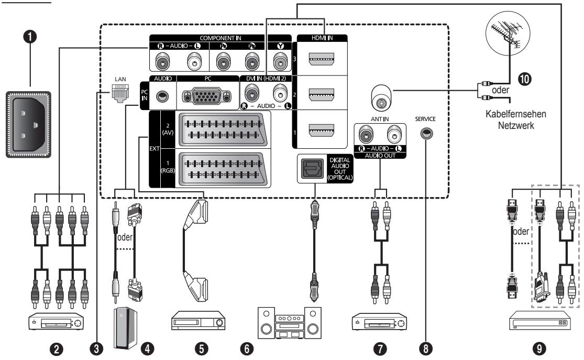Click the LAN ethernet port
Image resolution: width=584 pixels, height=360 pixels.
(120, 93)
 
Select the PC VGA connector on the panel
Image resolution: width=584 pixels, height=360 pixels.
(207, 96)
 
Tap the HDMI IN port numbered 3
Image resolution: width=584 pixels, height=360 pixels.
(322, 59)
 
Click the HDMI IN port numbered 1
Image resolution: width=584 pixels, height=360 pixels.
(322, 130)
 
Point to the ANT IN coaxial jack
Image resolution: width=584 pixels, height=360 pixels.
(381, 97)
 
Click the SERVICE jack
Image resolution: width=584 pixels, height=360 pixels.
(426, 133)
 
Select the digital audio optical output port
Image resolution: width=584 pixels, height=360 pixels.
(312, 169)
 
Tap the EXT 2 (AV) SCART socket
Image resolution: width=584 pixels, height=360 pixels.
(223, 129)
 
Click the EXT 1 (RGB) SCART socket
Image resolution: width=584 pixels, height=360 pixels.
(223, 168)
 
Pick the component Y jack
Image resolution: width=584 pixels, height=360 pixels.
(280, 61)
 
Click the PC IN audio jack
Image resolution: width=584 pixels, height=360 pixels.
(162, 96)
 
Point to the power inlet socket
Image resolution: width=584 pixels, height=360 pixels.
(28, 125)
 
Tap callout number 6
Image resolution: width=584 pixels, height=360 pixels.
(247, 349)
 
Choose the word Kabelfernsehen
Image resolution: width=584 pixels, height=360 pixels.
(516, 114)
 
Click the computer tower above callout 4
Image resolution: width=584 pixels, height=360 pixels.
(125, 327)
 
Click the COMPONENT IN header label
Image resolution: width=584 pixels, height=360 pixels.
(221, 38)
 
